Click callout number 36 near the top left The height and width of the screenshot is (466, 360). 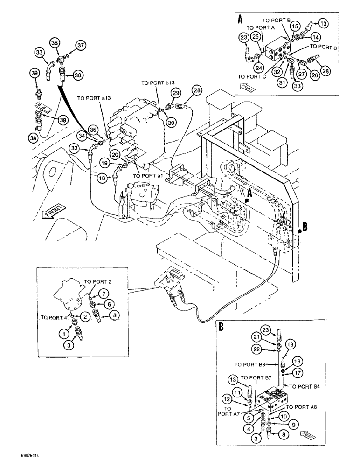click(x=55, y=43)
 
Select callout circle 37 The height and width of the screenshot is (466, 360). click(x=82, y=45)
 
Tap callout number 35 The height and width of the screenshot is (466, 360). click(x=94, y=130)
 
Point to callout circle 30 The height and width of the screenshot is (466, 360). click(x=171, y=123)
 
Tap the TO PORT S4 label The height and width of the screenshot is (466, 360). click(x=305, y=386)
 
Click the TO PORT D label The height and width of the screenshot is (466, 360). click(x=326, y=48)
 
